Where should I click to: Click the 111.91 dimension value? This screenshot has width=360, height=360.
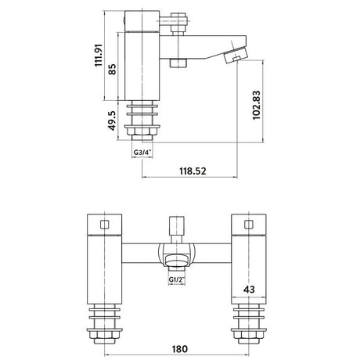(x=99, y=55)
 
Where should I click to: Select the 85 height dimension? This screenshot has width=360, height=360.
(x=112, y=69)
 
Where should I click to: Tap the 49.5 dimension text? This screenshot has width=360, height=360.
(x=112, y=121)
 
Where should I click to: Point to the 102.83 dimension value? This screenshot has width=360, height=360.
(x=256, y=105)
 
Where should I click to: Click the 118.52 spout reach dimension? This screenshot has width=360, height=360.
(x=193, y=171)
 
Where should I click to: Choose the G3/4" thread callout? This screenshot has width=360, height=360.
(x=142, y=153)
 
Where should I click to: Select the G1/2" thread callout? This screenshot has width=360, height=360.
(x=177, y=279)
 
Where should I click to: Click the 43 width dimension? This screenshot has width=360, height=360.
(x=249, y=289)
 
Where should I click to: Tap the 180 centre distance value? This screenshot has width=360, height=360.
(x=179, y=349)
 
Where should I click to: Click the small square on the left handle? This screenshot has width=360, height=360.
(x=104, y=225)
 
